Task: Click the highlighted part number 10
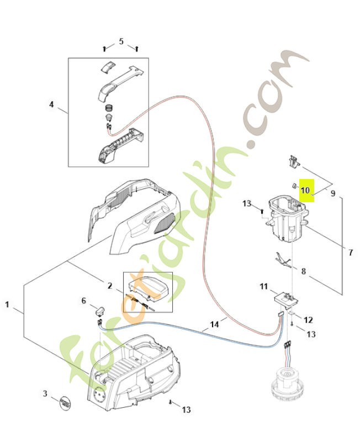click(306, 191)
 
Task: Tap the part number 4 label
click(52, 104)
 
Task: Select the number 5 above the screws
click(121, 41)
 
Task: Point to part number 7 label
click(351, 252)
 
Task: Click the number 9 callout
click(333, 193)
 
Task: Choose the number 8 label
click(303, 271)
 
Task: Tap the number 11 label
click(263, 286)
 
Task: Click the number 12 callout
click(308, 319)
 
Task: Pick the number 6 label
click(84, 301)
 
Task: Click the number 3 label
click(45, 393)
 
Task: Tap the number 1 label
click(7, 304)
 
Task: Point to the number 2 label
click(110, 286)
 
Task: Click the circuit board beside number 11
click(285, 298)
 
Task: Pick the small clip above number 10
click(293, 161)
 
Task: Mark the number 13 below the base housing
click(186, 409)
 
